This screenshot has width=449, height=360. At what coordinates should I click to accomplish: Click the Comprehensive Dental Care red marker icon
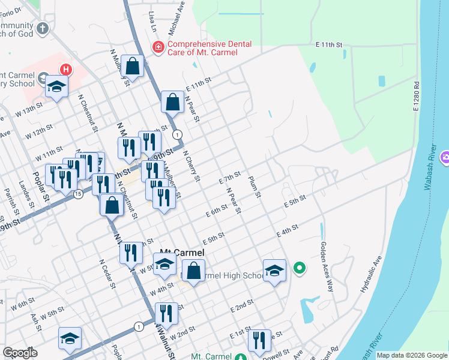[158, 46]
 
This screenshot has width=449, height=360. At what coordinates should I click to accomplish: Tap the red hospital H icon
[65, 70]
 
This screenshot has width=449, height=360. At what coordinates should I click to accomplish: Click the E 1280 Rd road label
[415, 97]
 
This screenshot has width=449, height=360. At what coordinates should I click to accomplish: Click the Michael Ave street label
[177, 19]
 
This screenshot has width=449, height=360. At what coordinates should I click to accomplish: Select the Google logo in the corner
[20, 353]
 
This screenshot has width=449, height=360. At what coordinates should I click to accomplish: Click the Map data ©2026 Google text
[412, 355]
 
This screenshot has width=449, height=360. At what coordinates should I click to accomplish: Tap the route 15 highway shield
[78, 194]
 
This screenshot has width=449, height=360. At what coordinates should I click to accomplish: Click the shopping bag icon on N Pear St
[173, 102]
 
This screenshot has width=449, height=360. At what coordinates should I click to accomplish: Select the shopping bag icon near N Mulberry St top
[133, 65]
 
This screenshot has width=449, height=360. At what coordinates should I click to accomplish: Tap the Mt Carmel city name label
[181, 253]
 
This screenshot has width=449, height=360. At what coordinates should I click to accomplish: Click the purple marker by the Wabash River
[445, 158]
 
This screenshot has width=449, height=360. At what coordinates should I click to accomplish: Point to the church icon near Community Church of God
[43, 28]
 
